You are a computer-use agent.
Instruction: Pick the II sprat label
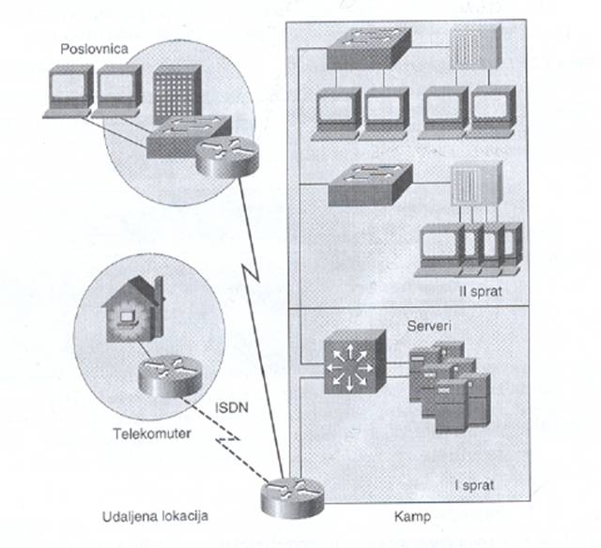click(484, 292)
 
